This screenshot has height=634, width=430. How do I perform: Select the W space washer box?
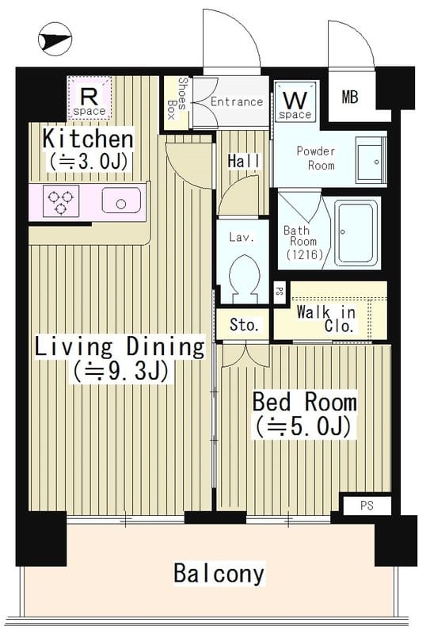[x=295, y=103]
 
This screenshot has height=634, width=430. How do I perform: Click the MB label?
[x=349, y=97]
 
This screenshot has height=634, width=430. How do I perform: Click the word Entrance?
[x=236, y=101]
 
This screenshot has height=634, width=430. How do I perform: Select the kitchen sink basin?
[x=120, y=203]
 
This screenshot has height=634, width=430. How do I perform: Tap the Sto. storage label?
[x=243, y=325]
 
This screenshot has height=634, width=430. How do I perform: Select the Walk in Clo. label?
[x=326, y=319]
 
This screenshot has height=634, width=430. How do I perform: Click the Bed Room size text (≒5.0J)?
[x=303, y=426]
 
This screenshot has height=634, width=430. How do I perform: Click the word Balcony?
[x=219, y=573]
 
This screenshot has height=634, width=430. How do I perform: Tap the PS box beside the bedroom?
[x=365, y=505]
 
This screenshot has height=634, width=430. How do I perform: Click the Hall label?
[x=243, y=161]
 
